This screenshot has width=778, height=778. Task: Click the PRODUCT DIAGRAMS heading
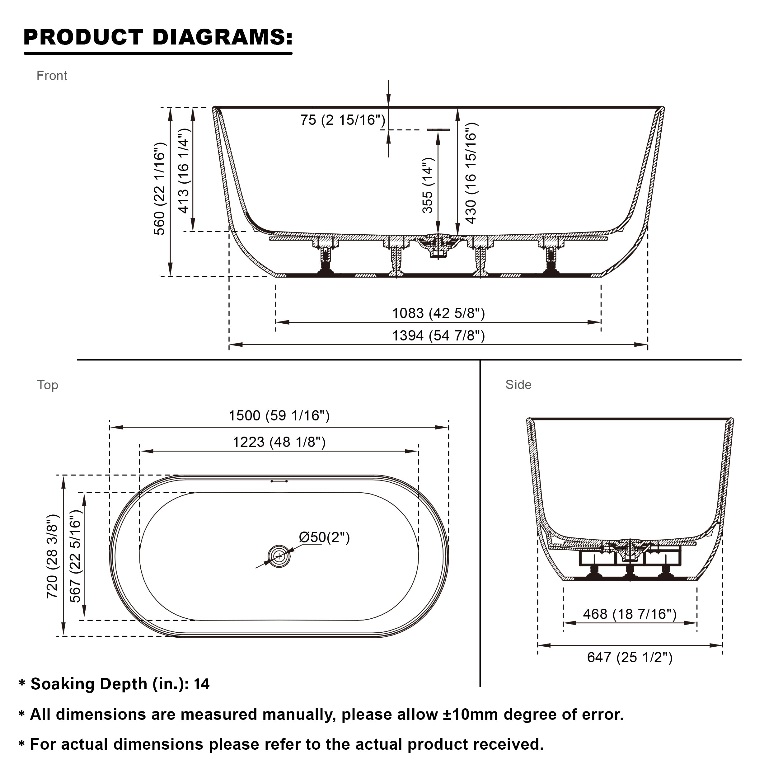click(158, 37)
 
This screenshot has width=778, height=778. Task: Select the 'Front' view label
click(52, 76)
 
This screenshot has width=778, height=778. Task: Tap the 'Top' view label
click(48, 385)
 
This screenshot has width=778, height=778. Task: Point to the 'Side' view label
click(518, 385)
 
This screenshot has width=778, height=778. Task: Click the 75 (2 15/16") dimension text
click(343, 120)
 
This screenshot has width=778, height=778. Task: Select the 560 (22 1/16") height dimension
click(159, 189)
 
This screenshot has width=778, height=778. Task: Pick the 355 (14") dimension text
click(427, 185)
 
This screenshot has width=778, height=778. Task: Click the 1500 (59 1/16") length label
click(279, 415)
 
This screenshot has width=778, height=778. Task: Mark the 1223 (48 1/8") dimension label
click(279, 442)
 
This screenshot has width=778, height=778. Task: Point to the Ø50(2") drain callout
click(324, 537)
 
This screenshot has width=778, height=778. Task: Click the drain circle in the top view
click(279, 556)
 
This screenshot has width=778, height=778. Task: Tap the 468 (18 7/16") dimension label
click(630, 614)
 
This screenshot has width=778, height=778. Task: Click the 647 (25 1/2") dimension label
click(630, 657)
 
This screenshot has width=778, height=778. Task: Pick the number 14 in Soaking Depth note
click(201, 684)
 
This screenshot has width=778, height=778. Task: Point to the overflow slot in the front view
click(438, 130)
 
